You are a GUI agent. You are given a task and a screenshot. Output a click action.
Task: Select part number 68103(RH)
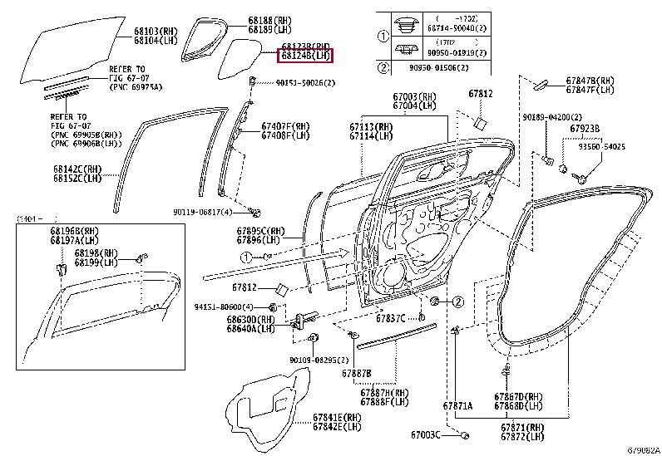pyautogui.click(x=156, y=30)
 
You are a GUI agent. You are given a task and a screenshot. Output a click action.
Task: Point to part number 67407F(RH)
pyautogui.click(x=284, y=126)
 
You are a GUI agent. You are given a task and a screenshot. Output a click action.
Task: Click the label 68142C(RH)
pyautogui.click(x=78, y=169)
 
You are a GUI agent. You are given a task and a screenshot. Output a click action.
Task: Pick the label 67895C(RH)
pyautogui.click(x=258, y=230)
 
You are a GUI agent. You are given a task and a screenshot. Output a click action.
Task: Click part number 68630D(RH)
pyautogui.click(x=254, y=318)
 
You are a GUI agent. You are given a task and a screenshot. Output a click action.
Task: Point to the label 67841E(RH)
pyautogui.click(x=337, y=416)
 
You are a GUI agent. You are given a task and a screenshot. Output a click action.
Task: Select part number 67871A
pyautogui.click(x=456, y=405)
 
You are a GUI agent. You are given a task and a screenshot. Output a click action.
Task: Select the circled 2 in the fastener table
pyautogui.click(x=383, y=68)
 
